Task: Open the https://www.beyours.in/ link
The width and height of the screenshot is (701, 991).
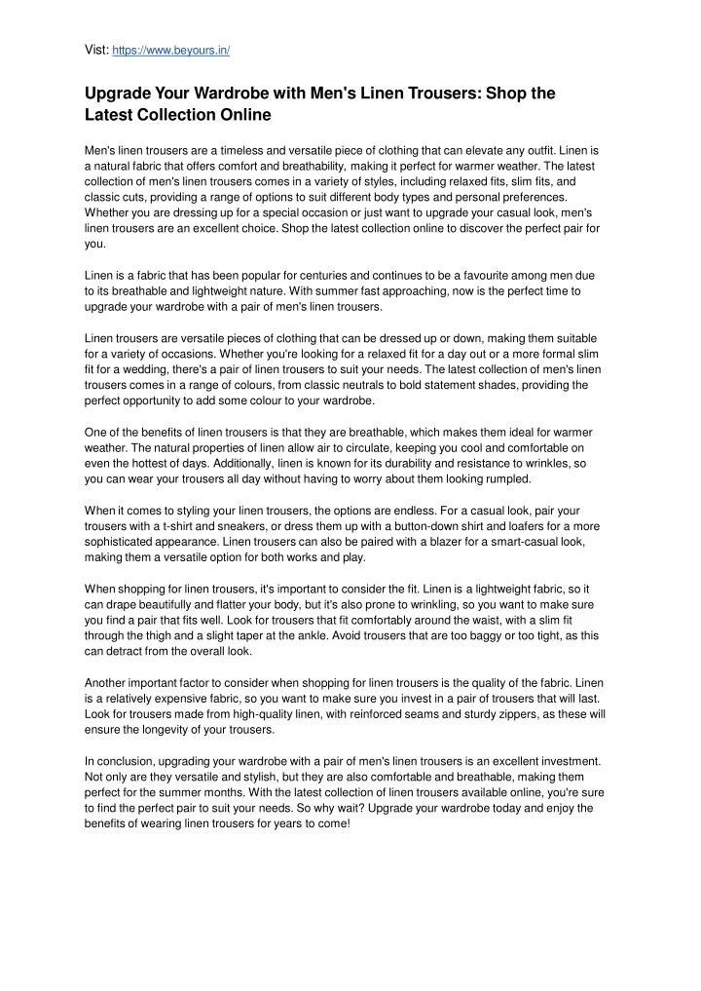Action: tap(171, 49)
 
